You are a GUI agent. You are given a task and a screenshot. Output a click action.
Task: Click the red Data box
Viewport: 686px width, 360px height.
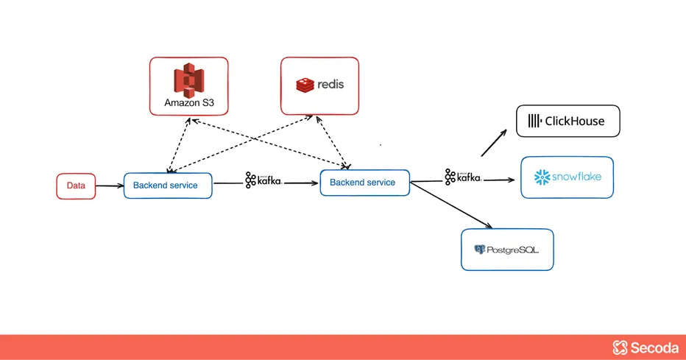(76, 186)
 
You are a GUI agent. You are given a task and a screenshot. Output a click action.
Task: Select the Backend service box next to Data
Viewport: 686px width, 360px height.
(168, 186)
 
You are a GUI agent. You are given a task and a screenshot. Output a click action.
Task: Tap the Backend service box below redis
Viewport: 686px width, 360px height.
(364, 183)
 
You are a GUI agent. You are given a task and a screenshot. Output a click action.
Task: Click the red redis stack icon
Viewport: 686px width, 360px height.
(305, 85)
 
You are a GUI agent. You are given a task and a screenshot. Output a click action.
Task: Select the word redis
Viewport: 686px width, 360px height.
(331, 85)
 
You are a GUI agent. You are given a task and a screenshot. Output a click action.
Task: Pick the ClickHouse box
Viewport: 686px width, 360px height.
(567, 121)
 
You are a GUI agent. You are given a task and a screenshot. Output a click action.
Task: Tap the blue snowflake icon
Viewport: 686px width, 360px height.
(542, 177)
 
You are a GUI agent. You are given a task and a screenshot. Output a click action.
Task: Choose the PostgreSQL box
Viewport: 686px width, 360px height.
(507, 250)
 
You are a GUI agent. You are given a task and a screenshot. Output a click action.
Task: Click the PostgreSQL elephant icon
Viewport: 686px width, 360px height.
(480, 250)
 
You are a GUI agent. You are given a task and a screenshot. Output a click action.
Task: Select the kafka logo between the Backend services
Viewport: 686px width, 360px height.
(263, 180)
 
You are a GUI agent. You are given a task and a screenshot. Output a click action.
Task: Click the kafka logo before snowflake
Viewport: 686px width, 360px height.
(462, 177)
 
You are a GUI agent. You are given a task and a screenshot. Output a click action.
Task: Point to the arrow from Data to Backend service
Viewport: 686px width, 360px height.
(109, 186)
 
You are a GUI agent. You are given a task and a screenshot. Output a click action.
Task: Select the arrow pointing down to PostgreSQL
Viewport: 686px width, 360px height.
(451, 204)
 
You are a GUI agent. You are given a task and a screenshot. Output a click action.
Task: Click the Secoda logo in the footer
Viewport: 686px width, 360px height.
(646, 347)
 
